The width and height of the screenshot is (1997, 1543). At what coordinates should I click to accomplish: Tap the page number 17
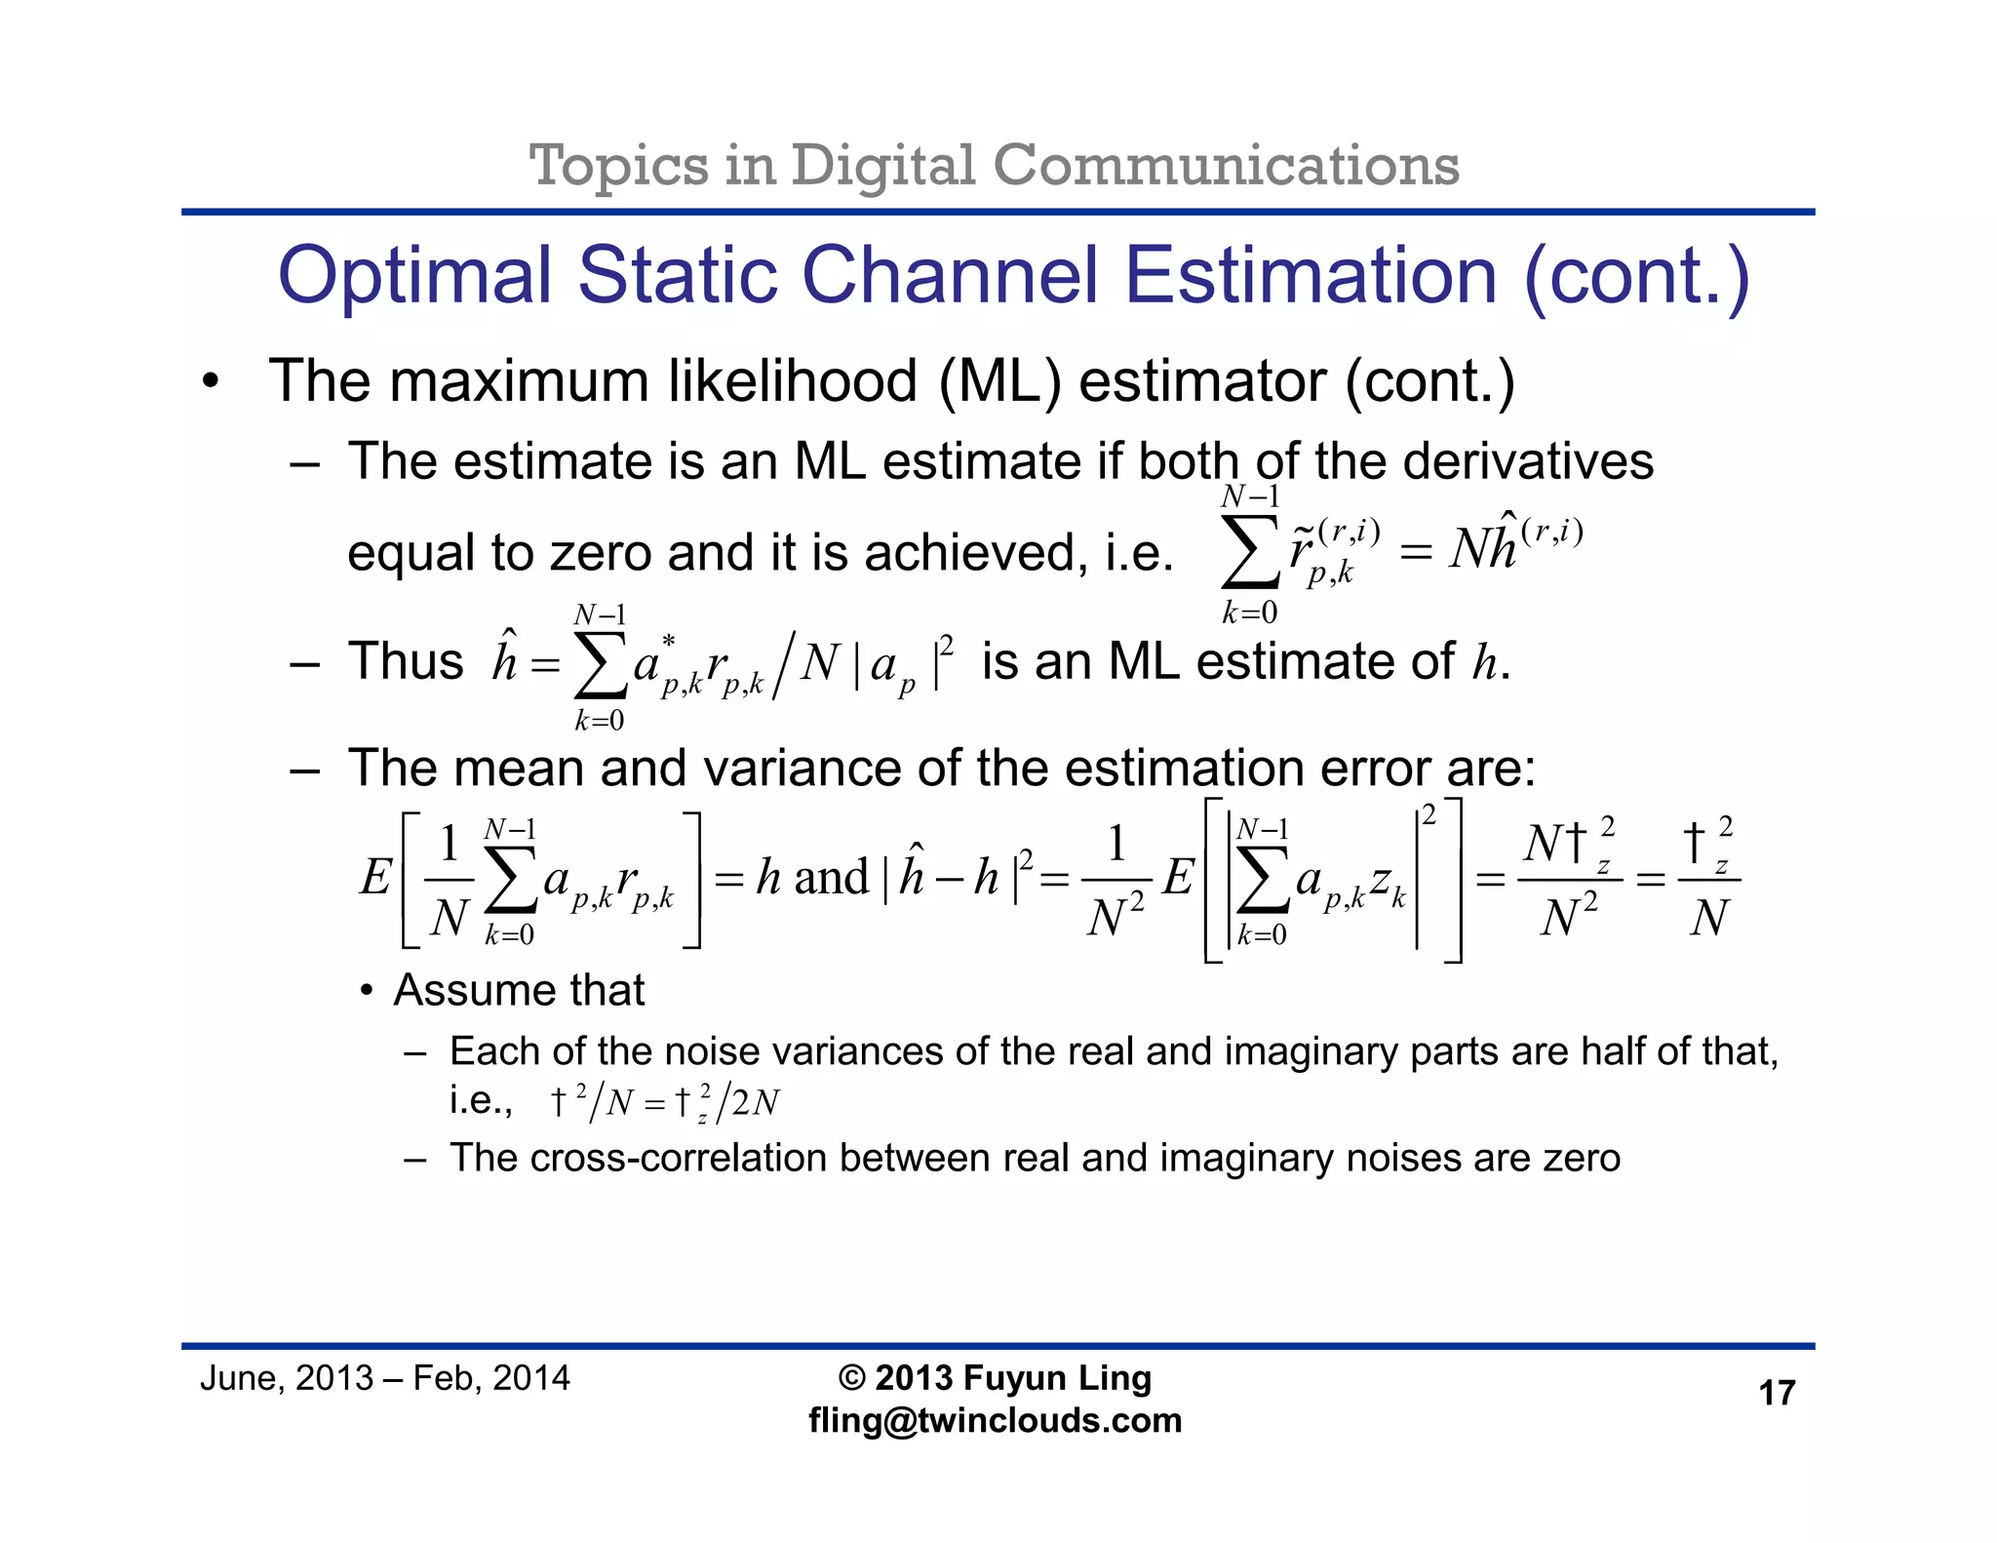click(1776, 1393)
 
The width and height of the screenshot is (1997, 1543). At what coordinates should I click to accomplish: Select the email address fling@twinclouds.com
click(995, 1420)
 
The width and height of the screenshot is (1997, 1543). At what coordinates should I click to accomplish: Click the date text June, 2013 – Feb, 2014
click(384, 1378)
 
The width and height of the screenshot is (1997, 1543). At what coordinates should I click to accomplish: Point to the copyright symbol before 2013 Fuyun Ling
click(851, 1378)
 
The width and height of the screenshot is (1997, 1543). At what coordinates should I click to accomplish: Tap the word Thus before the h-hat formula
click(406, 661)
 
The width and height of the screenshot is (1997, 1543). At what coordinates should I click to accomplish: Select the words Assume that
click(519, 991)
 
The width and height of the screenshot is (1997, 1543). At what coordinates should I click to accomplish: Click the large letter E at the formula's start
click(375, 877)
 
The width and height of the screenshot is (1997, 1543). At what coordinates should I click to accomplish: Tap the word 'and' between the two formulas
click(831, 877)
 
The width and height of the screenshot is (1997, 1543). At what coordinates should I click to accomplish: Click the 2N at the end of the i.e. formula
click(755, 1103)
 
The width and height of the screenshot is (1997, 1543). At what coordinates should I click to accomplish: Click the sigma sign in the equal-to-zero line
click(1250, 553)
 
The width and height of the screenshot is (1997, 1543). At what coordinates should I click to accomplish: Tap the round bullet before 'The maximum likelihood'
click(211, 382)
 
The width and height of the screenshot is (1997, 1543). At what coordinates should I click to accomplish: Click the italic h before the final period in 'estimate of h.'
click(1484, 663)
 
